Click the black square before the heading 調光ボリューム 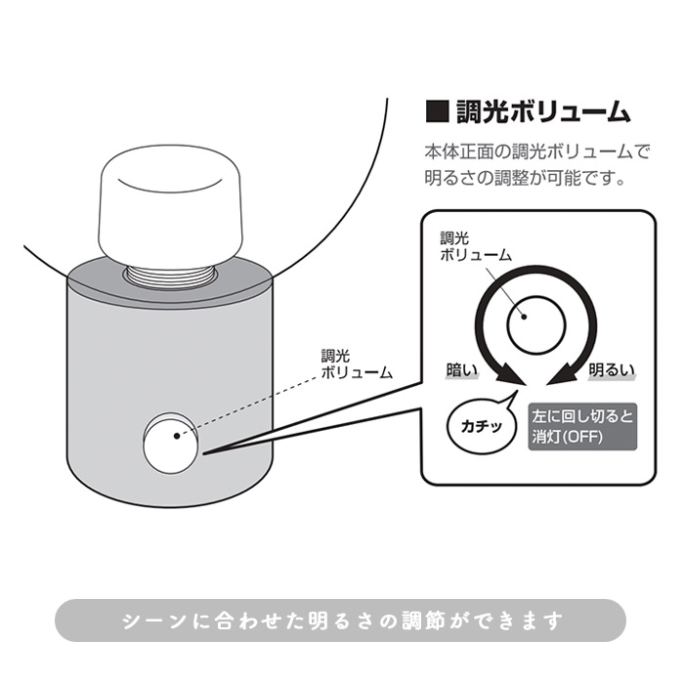click(437, 111)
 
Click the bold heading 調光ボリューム click(544, 111)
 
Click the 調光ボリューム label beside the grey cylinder click(356, 364)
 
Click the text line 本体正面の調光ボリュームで click(536, 152)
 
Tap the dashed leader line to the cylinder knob click(254, 401)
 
